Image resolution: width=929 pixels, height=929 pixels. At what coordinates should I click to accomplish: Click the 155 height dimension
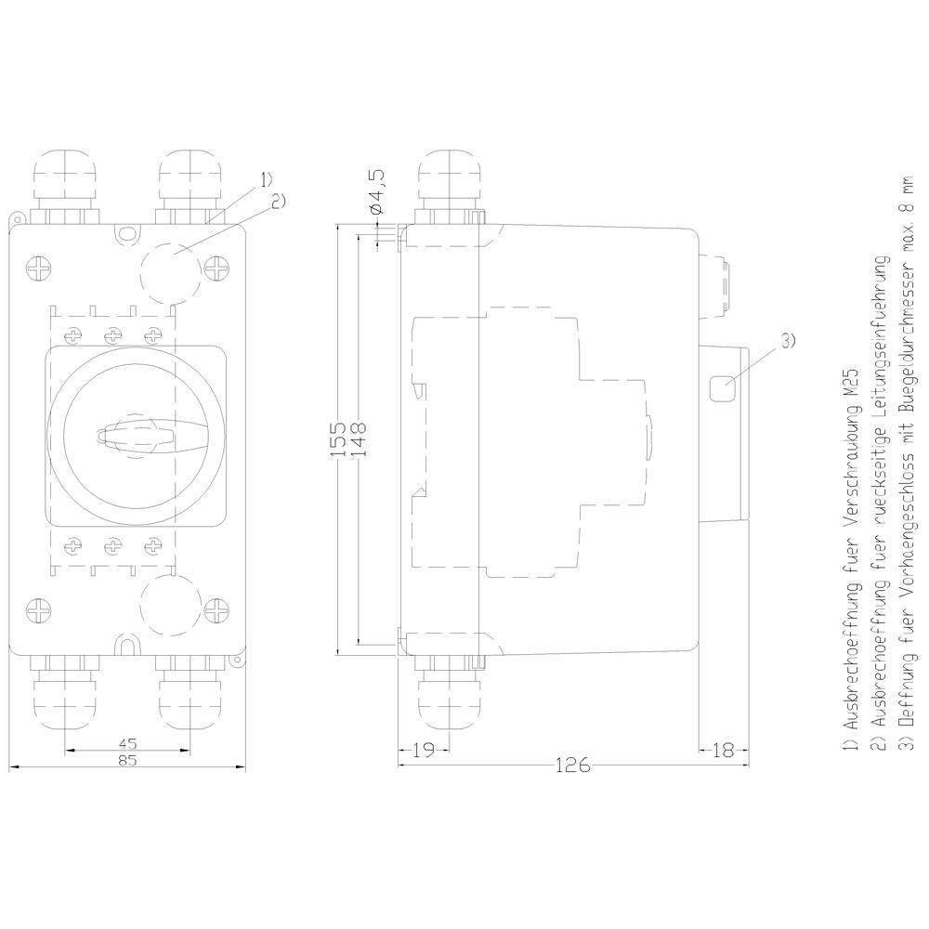339,436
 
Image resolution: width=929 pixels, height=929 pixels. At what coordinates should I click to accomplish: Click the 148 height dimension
360,436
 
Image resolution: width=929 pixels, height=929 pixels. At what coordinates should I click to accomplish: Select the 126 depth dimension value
571,765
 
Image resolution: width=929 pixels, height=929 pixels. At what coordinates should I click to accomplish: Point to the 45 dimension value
128,743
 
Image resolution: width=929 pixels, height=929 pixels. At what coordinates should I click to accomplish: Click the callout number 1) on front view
266,178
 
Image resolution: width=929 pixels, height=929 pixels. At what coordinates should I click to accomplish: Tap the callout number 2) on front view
277,199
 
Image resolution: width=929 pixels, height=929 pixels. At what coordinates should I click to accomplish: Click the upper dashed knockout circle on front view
170,271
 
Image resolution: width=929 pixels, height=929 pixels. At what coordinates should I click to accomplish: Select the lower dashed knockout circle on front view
170,604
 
